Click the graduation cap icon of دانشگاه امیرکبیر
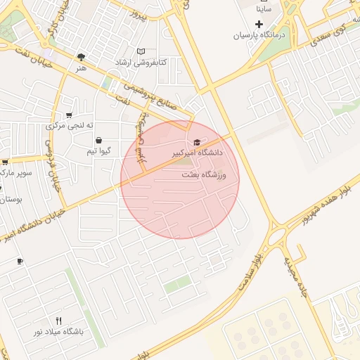click(x=195, y=143)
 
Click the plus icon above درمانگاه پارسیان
click(x=259, y=25)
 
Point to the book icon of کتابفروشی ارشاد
click(x=141, y=51)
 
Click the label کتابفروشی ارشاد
click(x=142, y=63)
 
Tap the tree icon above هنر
click(x=82, y=57)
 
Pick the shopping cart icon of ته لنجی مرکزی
click(x=69, y=115)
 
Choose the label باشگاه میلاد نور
click(x=58, y=331)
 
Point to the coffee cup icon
click(x=20, y=262)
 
